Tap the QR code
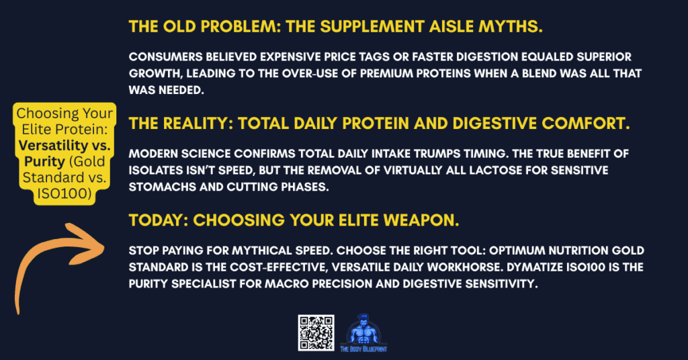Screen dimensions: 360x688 click(316, 332)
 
